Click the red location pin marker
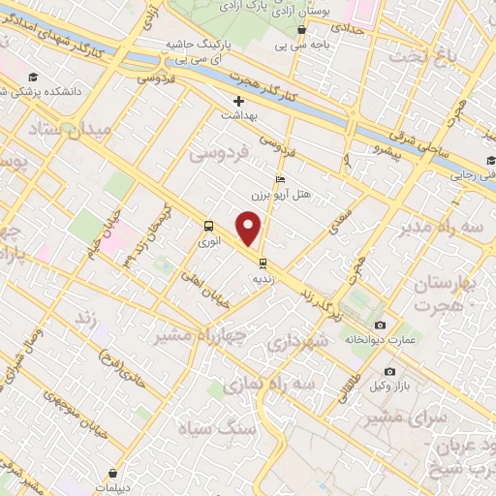tap(250, 229)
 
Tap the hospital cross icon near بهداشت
tap(238, 101)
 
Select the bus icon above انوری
tap(208, 227)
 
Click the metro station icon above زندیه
tap(262, 262)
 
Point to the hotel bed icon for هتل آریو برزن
tap(281, 179)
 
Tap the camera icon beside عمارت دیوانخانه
tap(380, 325)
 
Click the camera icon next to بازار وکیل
tap(389, 371)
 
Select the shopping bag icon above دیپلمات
tap(114, 474)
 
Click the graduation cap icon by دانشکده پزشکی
tap(34, 77)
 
